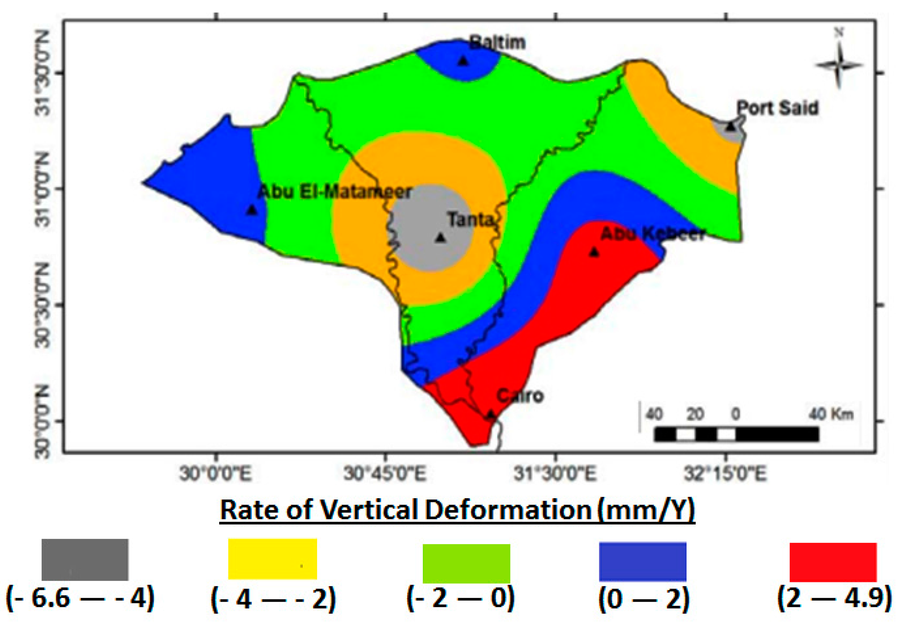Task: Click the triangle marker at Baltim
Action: [463, 61]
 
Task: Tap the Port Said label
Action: [777, 108]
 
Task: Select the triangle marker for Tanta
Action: [440, 237]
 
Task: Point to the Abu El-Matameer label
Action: [334, 192]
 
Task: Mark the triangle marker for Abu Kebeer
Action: [594, 252]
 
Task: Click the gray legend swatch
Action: [85, 559]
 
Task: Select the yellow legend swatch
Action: [272, 559]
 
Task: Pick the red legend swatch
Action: [833, 562]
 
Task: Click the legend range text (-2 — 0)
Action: [461, 599]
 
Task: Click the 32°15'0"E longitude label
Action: [725, 474]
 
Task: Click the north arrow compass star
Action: [838, 66]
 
